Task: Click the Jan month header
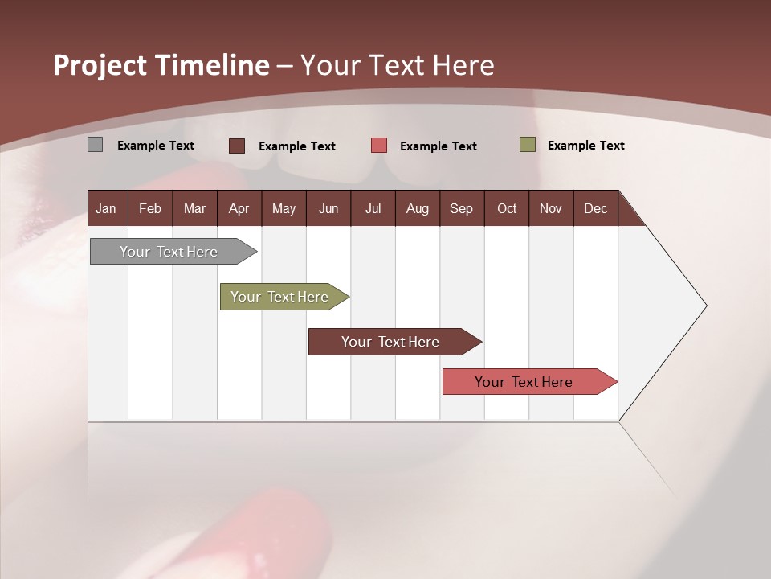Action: point(106,208)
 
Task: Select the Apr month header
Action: point(239,208)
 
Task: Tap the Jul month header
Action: point(373,208)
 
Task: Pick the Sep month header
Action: point(461,208)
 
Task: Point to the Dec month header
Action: point(595,208)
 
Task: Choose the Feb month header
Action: point(150,208)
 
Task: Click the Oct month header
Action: point(507,208)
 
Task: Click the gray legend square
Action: point(95,145)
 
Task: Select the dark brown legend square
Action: point(237,146)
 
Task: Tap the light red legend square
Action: point(379,146)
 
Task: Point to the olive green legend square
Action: point(527,145)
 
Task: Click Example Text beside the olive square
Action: point(585,146)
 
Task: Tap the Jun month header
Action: point(328,208)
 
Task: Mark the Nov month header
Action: point(551,208)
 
